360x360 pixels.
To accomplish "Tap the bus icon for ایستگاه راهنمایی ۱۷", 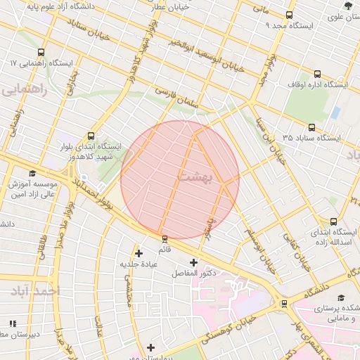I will coord(41,53).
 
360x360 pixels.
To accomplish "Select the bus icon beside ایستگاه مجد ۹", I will coord(290,15).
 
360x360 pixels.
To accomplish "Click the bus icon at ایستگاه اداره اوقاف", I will coord(318,73).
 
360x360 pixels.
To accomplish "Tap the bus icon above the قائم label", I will coord(165,238).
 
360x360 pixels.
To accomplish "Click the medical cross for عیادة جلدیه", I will coord(139,253).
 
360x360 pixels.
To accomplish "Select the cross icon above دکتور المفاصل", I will coord(193,262).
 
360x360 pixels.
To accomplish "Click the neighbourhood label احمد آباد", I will coord(37,290).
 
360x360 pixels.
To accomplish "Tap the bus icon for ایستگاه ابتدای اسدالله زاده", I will coord(333,221).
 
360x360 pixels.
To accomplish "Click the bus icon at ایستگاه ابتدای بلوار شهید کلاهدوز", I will coord(90,136).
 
